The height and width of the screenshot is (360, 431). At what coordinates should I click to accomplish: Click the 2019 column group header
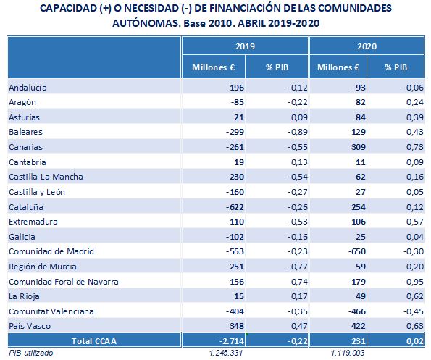pyautogui.click(x=245, y=46)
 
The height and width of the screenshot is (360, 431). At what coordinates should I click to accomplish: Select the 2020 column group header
pyautogui.click(x=367, y=46)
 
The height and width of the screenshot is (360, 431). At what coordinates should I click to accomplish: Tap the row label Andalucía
pyautogui.click(x=28, y=88)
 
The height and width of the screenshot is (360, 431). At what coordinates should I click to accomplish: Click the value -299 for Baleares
pyautogui.click(x=235, y=132)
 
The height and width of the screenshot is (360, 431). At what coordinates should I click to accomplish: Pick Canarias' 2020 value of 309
pyautogui.click(x=359, y=147)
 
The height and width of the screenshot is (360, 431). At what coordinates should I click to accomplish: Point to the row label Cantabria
pyautogui.click(x=28, y=162)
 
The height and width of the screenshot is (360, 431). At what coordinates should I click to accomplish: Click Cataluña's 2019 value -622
pyautogui.click(x=235, y=207)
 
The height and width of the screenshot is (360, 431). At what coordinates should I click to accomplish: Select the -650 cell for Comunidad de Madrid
pyautogui.click(x=357, y=251)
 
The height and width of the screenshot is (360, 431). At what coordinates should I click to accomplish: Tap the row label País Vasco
pyautogui.click(x=30, y=326)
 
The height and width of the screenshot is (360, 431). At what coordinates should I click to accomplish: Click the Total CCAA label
pyautogui.click(x=94, y=341)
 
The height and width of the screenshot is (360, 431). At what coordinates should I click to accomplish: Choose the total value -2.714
pyautogui.click(x=232, y=341)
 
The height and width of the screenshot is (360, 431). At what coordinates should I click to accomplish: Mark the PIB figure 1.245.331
pyautogui.click(x=226, y=353)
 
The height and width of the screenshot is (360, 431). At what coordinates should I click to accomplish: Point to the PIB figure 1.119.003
pyautogui.click(x=348, y=353)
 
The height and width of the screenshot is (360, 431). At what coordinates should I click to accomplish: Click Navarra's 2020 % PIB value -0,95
pyautogui.click(x=414, y=282)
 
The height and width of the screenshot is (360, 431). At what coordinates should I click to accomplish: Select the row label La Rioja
pyautogui.click(x=24, y=296)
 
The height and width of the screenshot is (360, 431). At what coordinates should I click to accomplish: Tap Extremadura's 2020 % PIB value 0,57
pyautogui.click(x=415, y=222)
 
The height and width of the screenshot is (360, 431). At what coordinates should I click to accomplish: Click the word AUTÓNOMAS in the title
pyautogui.click(x=146, y=23)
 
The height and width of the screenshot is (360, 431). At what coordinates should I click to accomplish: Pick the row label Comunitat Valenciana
pyautogui.click(x=51, y=311)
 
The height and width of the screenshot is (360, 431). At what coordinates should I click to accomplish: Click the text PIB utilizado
pyautogui.click(x=30, y=353)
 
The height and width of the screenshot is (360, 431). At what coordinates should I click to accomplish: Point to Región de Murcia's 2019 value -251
pyautogui.click(x=235, y=267)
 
